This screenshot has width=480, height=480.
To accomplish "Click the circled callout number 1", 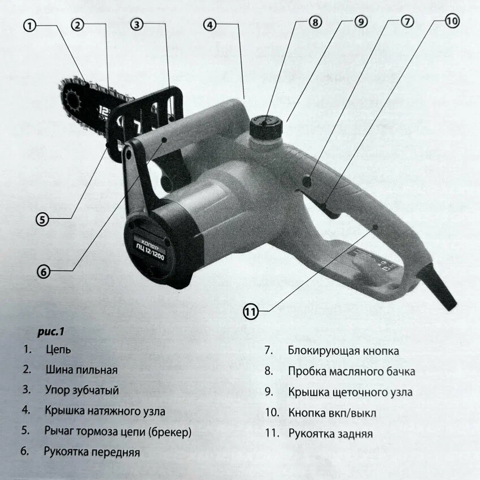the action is click(x=30, y=26).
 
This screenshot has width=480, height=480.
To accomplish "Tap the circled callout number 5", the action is click(x=42, y=219).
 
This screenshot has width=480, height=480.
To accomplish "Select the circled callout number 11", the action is click(x=250, y=312).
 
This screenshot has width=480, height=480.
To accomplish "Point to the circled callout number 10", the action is click(x=452, y=21).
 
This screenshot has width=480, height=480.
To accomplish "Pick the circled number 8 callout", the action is click(x=315, y=22).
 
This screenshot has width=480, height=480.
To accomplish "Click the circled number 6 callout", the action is click(x=43, y=272).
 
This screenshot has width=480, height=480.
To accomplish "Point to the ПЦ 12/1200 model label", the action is click(x=150, y=252).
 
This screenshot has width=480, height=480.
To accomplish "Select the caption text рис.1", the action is click(x=51, y=331).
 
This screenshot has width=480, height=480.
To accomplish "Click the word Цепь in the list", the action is click(x=58, y=350).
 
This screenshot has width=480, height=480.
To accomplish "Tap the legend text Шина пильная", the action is click(x=82, y=370).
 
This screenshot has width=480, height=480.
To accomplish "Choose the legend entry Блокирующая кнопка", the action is click(x=343, y=351).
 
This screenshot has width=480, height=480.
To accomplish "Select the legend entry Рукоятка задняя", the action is click(x=330, y=434).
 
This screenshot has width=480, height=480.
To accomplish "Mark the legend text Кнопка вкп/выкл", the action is click(x=332, y=413).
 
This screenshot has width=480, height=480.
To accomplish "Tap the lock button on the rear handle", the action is click(x=307, y=181).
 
